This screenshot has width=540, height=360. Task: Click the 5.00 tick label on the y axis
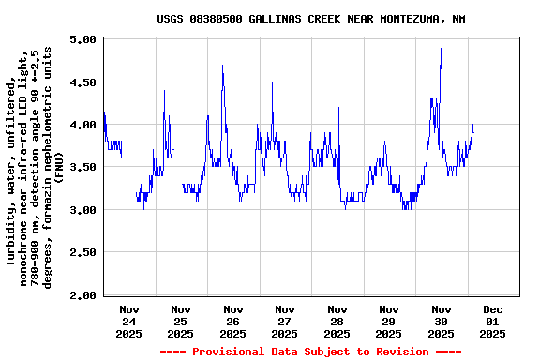(x=82, y=40)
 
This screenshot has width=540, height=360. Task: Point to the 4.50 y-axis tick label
(x=82, y=82)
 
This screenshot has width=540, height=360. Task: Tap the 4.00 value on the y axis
(x=82, y=125)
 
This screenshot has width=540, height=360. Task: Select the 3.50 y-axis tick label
(x=82, y=167)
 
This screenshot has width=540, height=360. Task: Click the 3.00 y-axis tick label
(x=82, y=210)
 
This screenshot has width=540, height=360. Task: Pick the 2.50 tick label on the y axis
(x=82, y=252)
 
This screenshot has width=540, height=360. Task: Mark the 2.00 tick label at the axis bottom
(x=82, y=295)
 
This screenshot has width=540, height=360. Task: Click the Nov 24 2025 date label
(x=129, y=321)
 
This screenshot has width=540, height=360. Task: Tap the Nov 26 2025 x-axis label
(x=233, y=321)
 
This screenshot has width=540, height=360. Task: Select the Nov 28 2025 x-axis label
(x=337, y=321)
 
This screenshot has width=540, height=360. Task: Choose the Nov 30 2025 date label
(x=441, y=321)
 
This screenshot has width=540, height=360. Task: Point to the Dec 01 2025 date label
(x=493, y=321)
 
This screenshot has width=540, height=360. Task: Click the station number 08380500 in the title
(x=219, y=19)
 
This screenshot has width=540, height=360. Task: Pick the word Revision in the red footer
(x=405, y=352)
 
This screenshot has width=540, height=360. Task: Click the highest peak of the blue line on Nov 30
(x=441, y=49)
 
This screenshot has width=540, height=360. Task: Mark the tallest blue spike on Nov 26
(x=222, y=66)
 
